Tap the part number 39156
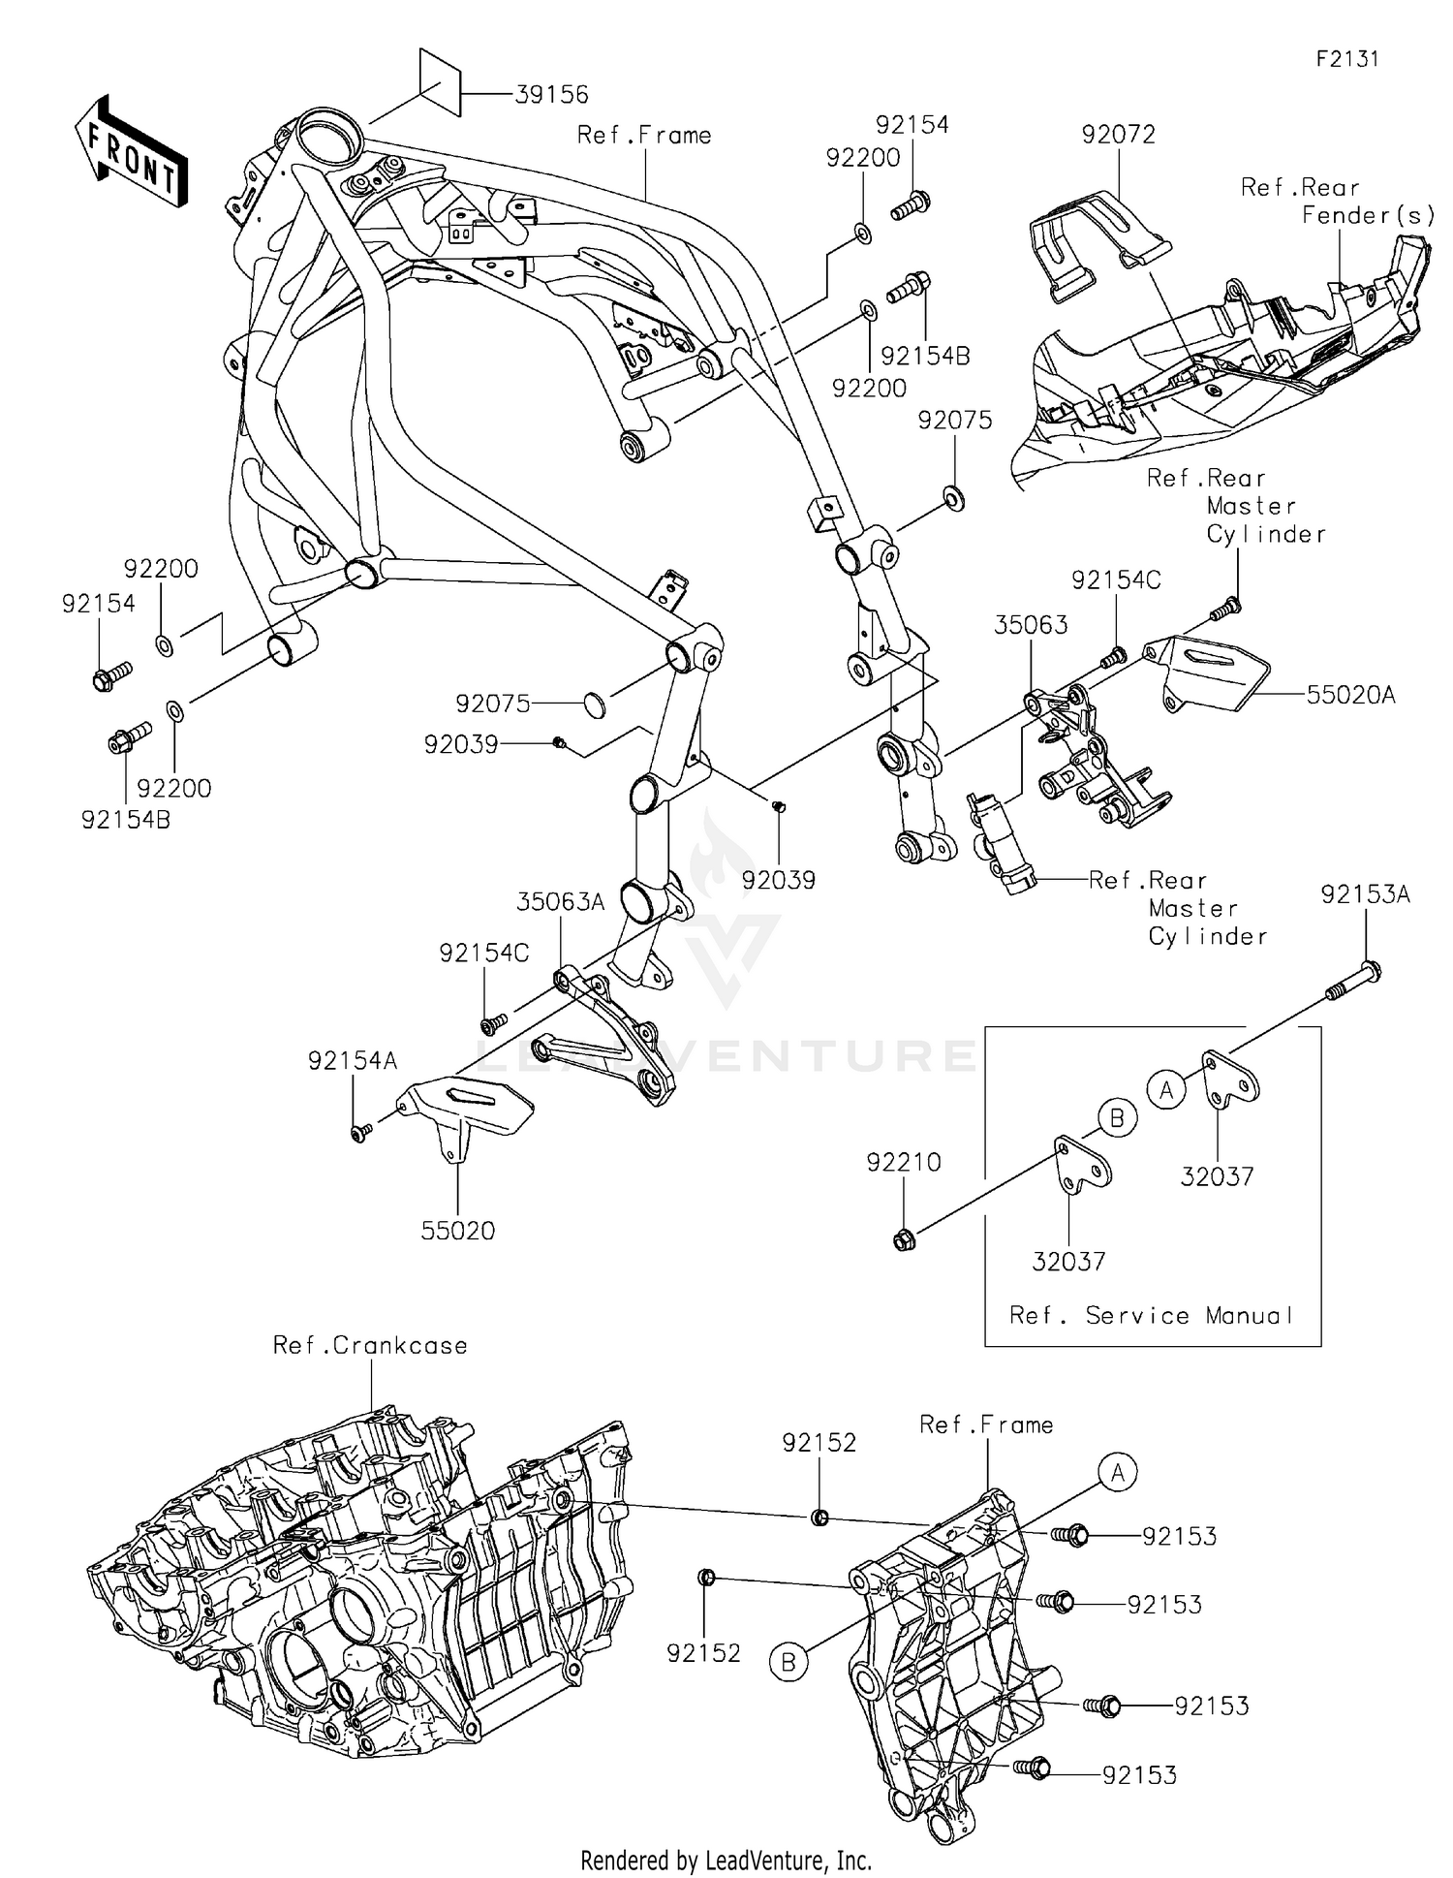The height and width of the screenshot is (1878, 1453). click(x=551, y=95)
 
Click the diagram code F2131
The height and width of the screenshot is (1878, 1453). click(x=1346, y=59)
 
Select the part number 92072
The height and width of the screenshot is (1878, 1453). click(x=1119, y=135)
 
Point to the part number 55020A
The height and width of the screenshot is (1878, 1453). click(x=1350, y=695)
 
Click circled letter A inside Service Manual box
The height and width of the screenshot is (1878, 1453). click(x=1166, y=1090)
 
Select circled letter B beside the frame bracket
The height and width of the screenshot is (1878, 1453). click(x=788, y=1663)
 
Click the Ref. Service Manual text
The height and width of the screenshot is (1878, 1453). click(x=1152, y=1316)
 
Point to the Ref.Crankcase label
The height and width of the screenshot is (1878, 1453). click(x=370, y=1346)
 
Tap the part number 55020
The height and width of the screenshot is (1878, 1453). click(x=458, y=1231)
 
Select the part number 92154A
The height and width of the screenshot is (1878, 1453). click(x=353, y=1061)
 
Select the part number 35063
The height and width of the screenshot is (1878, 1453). click(x=1031, y=625)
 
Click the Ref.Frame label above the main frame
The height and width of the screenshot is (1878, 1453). click(x=644, y=136)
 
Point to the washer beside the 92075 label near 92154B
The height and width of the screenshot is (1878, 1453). click(x=954, y=500)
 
